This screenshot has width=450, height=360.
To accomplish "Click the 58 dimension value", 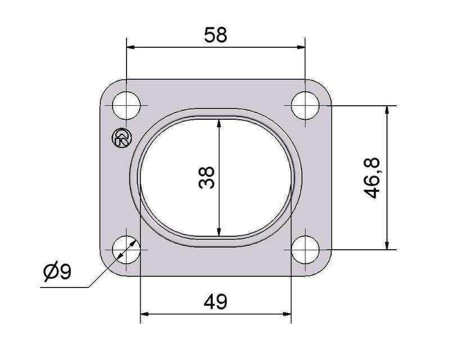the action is tap(215, 35).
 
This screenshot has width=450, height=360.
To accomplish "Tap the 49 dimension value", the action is tap(215, 301).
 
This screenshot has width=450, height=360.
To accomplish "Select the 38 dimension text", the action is tap(206, 177).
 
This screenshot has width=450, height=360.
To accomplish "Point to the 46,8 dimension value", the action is tap(372, 178).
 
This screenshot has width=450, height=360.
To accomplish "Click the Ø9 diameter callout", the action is tap(57, 271).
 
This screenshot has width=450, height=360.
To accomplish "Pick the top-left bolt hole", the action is tap(126, 105).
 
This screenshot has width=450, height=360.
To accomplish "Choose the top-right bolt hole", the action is tap(305, 105).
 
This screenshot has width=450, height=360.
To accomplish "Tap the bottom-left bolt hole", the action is tap(126, 250).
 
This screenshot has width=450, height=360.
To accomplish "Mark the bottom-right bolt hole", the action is tap(305, 250).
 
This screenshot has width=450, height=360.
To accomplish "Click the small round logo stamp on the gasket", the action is tap(121, 138).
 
